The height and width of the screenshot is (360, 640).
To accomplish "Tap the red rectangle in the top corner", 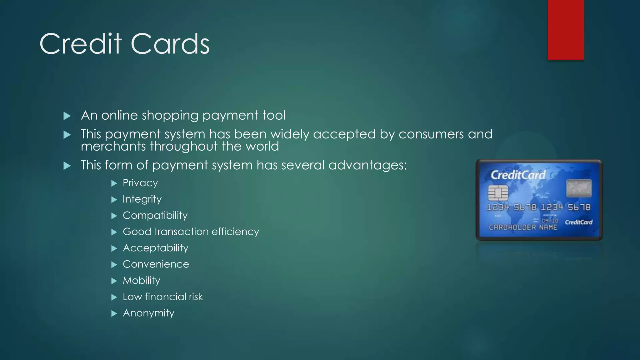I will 566,30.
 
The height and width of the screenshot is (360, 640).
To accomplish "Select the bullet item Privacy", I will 140,183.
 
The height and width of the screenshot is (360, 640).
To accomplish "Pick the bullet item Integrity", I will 142,199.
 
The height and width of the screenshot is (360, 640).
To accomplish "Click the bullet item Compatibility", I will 155,215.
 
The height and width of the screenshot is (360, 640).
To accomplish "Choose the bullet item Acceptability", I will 155,248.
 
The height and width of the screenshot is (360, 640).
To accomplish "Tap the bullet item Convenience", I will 156,264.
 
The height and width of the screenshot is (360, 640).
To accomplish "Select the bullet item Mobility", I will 141,280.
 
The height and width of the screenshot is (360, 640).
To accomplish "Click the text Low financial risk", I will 162,297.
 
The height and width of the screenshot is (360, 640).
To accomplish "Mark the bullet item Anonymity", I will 148,313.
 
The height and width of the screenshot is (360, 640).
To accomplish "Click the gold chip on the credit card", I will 498,193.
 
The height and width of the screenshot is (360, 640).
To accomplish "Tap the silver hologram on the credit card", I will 579,188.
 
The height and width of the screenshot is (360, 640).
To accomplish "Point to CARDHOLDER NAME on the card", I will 523,227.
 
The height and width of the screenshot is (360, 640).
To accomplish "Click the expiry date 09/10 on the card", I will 550,220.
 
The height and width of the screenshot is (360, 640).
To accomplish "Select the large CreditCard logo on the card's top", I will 517,175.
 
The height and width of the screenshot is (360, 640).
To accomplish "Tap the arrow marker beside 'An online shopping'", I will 67,116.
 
